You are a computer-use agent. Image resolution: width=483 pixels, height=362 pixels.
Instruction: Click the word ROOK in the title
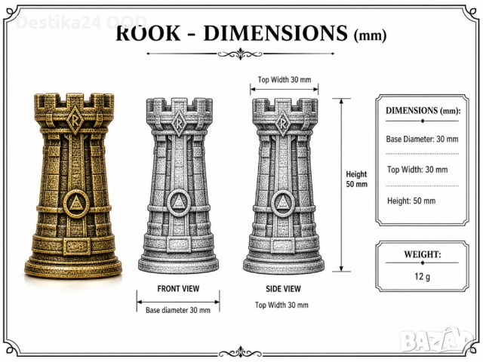point(148,33)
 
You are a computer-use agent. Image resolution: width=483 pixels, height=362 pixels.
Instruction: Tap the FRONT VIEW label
point(178,289)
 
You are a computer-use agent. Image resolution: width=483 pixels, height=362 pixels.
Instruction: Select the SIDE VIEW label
point(284,289)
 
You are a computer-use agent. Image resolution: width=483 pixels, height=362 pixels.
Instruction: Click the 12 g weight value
point(422,277)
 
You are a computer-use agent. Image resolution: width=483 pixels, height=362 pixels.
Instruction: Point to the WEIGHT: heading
point(423,255)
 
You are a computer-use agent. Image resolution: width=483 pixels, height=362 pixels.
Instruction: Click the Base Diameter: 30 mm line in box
point(422,139)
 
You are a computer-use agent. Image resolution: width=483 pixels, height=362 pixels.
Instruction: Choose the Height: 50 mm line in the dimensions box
point(411,201)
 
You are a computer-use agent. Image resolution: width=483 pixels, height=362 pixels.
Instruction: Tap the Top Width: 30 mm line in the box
point(417,170)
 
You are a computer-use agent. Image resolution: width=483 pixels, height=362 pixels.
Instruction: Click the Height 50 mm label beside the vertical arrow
point(356,179)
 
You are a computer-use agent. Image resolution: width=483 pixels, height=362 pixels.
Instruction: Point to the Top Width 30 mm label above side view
point(285,80)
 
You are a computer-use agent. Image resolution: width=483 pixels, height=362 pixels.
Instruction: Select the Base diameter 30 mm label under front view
point(178,310)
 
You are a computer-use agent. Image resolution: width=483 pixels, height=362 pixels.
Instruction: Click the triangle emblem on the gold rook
point(76,204)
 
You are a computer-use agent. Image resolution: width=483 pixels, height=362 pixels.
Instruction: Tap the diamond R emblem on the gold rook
point(74,120)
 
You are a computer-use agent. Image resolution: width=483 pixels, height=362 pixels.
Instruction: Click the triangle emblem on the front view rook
point(178,203)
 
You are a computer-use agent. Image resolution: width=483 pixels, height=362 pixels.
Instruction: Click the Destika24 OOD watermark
point(82,23)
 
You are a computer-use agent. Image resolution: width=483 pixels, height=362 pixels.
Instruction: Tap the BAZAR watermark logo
point(438,340)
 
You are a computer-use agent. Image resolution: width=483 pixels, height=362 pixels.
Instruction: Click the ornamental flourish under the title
point(240,54)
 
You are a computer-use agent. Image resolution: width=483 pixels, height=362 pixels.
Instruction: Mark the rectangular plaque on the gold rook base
point(77,246)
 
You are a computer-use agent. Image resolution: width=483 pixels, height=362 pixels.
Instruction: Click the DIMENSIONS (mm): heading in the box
point(423,111)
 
